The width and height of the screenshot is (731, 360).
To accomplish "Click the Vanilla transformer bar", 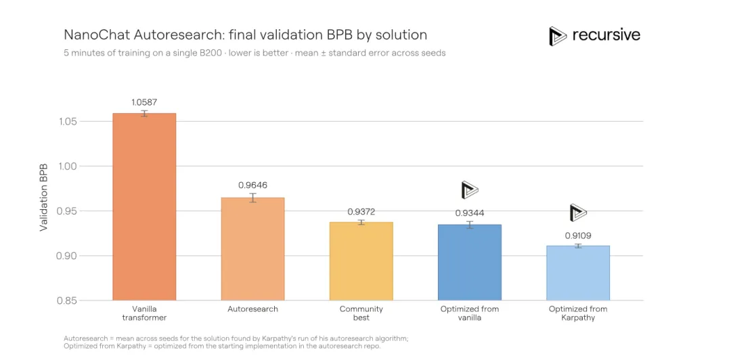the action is click(x=144, y=206).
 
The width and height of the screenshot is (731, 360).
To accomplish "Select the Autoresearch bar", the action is click(x=252, y=249).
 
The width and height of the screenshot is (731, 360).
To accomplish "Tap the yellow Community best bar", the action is click(x=361, y=261).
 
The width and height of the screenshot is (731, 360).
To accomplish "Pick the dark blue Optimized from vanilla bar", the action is click(x=470, y=263).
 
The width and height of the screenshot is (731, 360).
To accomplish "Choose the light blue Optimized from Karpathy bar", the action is click(x=578, y=273).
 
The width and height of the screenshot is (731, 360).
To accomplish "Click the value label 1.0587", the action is click(x=145, y=103).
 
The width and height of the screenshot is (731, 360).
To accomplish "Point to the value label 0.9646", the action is click(x=252, y=185).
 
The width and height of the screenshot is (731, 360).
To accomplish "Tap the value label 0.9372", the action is click(x=361, y=212).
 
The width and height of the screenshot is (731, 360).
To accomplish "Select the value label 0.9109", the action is click(x=578, y=236).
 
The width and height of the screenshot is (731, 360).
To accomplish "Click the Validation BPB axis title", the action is click(x=44, y=197).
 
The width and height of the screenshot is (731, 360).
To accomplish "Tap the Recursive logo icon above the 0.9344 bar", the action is click(x=470, y=189).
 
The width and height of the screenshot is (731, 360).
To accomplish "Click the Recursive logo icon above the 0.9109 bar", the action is click(x=578, y=212).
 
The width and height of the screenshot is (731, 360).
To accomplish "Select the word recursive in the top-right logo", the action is click(x=606, y=35).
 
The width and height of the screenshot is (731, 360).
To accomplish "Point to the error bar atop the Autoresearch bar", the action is click(x=252, y=198).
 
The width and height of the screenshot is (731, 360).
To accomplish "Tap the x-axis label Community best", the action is click(x=361, y=313).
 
